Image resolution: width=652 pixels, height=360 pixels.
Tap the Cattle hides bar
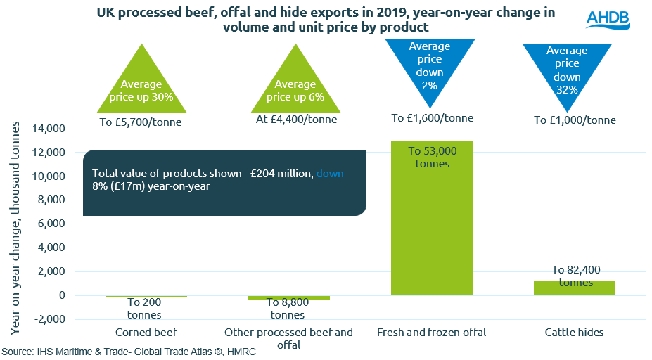(574, 288)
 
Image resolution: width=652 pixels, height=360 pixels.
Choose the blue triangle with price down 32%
(568, 67)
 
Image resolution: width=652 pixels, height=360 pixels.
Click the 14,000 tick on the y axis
(48, 129)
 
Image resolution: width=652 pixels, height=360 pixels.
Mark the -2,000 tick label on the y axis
(48, 319)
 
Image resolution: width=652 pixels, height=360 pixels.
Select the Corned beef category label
(146, 332)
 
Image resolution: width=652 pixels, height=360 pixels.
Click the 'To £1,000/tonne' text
(575, 120)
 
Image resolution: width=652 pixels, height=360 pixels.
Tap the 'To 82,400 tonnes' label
(575, 276)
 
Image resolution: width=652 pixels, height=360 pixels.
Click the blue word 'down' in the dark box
(330, 173)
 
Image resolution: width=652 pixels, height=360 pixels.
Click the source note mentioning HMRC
(128, 352)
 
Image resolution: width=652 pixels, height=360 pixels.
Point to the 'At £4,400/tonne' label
(296, 120)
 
